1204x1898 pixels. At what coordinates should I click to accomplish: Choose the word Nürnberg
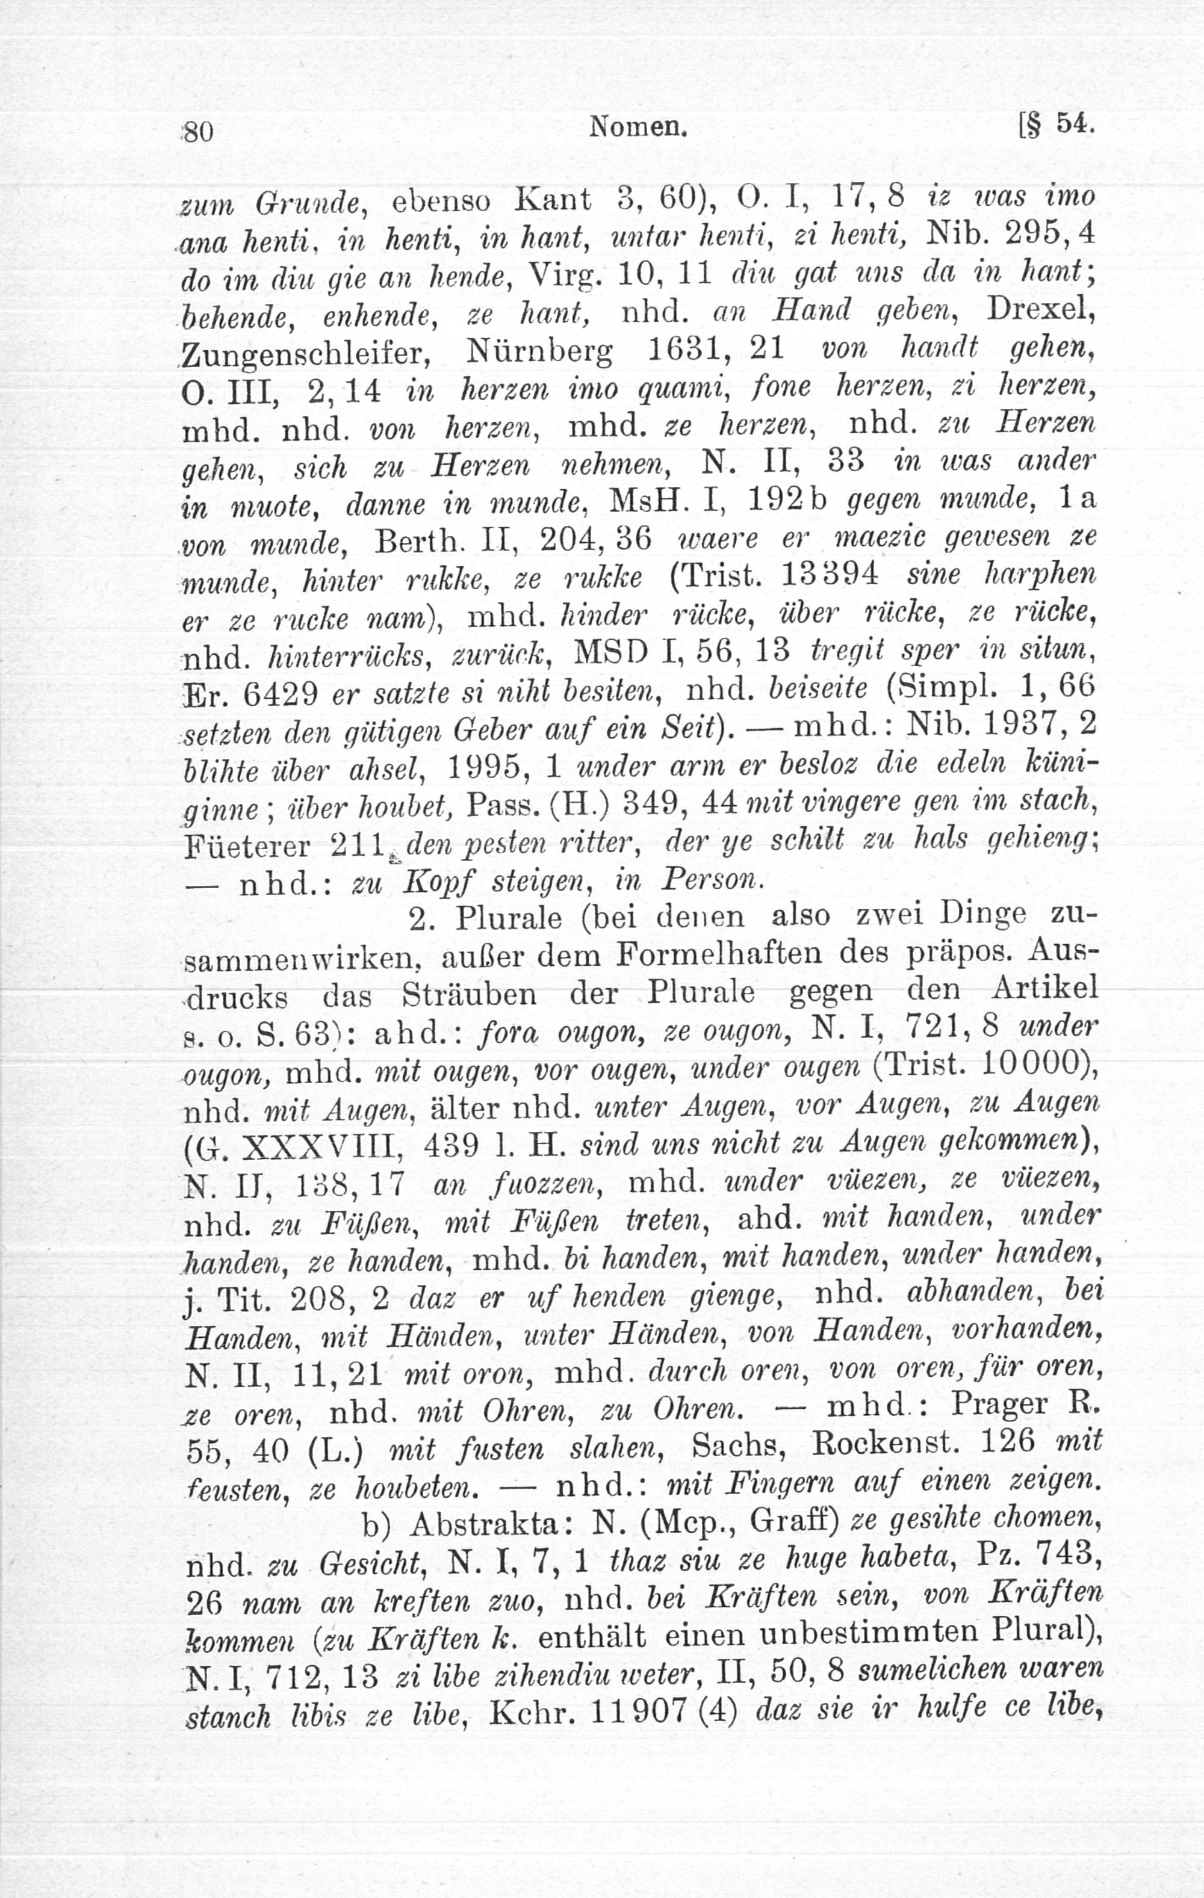539,351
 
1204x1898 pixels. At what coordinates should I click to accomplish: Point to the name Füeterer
247,845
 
